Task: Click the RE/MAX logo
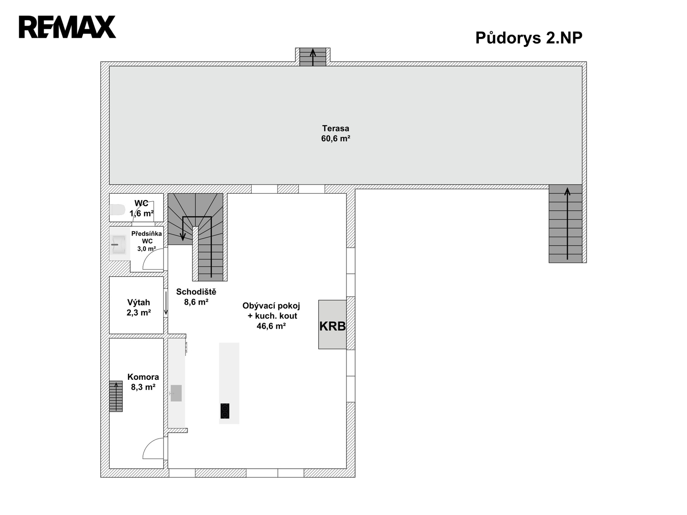pyautogui.click(x=67, y=27)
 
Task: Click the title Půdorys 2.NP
pyautogui.click(x=529, y=38)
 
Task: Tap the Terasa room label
pyautogui.click(x=335, y=128)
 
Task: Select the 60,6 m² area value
pyautogui.click(x=335, y=139)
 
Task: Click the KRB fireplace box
pyautogui.click(x=332, y=324)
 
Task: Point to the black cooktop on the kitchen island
pyautogui.click(x=225, y=411)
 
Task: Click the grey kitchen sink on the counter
pyautogui.click(x=176, y=393)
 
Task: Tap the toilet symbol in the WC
pyautogui.click(x=117, y=209)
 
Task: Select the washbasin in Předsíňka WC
pyautogui.click(x=119, y=244)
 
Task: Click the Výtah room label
pyautogui.click(x=138, y=303)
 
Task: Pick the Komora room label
pyautogui.click(x=143, y=377)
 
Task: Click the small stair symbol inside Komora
pyautogui.click(x=116, y=396)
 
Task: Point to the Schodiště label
pyautogui.click(x=196, y=292)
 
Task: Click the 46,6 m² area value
pyautogui.click(x=271, y=326)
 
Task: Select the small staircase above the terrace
pyautogui.click(x=313, y=57)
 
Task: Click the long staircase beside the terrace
pyautogui.click(x=565, y=224)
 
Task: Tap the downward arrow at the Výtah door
pyautogui.click(x=166, y=303)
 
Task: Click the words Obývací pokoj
pyautogui.click(x=271, y=306)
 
